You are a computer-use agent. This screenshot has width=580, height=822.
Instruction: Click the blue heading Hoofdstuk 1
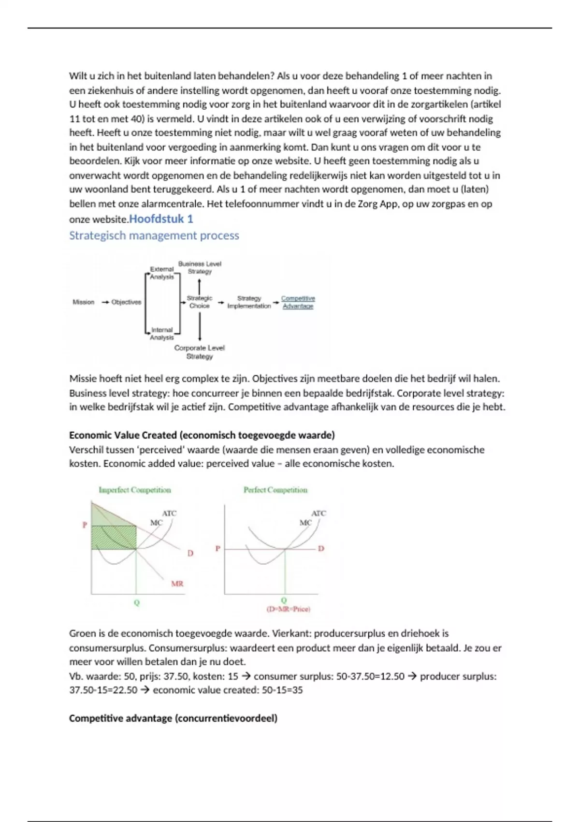[161, 219]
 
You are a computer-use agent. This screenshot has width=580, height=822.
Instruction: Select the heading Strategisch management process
[154, 235]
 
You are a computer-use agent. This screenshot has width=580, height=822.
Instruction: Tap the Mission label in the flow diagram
[83, 302]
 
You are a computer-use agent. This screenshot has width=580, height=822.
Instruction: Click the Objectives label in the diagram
[126, 302]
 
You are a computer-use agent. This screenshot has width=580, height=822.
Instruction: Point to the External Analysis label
[161, 273]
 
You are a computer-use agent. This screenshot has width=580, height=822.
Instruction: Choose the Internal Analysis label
[161, 334]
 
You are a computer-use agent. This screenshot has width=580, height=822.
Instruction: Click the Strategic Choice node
[199, 302]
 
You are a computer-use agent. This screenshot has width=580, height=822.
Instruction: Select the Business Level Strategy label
[200, 267]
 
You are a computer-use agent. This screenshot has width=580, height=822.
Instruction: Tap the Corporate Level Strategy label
[199, 352]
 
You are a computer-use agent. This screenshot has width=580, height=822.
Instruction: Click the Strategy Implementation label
[249, 302]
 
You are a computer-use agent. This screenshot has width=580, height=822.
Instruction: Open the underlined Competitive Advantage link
[298, 302]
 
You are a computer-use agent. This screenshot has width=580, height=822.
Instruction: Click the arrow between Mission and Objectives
[105, 302]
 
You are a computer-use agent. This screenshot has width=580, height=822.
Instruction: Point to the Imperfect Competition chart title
[135, 490]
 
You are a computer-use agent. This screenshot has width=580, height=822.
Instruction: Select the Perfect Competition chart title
[275, 490]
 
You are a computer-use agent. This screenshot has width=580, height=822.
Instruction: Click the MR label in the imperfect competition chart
[177, 584]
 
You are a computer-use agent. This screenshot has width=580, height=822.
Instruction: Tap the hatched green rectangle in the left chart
[114, 537]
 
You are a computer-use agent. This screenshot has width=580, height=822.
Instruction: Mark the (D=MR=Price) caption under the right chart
[289, 609]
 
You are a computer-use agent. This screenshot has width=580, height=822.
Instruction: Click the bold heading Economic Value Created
[202, 435]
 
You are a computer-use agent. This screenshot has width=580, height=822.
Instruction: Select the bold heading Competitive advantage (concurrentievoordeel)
[173, 718]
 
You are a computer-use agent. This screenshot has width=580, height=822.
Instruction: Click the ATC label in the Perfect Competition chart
[319, 513]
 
